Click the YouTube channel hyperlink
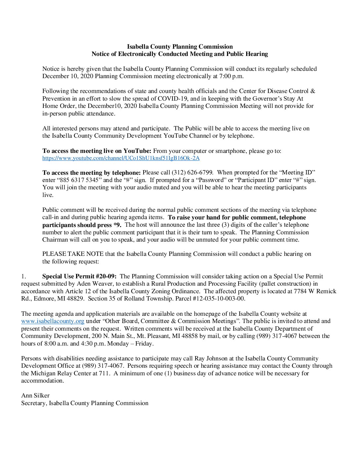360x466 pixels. click(x=121, y=158)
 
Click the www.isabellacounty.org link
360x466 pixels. click(x=53, y=321)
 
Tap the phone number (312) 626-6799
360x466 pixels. click(x=192, y=172)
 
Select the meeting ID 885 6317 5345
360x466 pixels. click(x=79, y=180)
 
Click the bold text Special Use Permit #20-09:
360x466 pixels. click(x=79, y=276)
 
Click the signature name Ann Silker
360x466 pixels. click(x=35, y=396)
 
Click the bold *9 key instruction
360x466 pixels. click(x=117, y=225)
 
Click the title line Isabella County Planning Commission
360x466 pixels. click(x=180, y=47)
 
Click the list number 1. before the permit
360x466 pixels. click(x=23, y=276)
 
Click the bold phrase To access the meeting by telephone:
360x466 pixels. click(x=91, y=172)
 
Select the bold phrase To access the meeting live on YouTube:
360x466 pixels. click(x=97, y=151)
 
